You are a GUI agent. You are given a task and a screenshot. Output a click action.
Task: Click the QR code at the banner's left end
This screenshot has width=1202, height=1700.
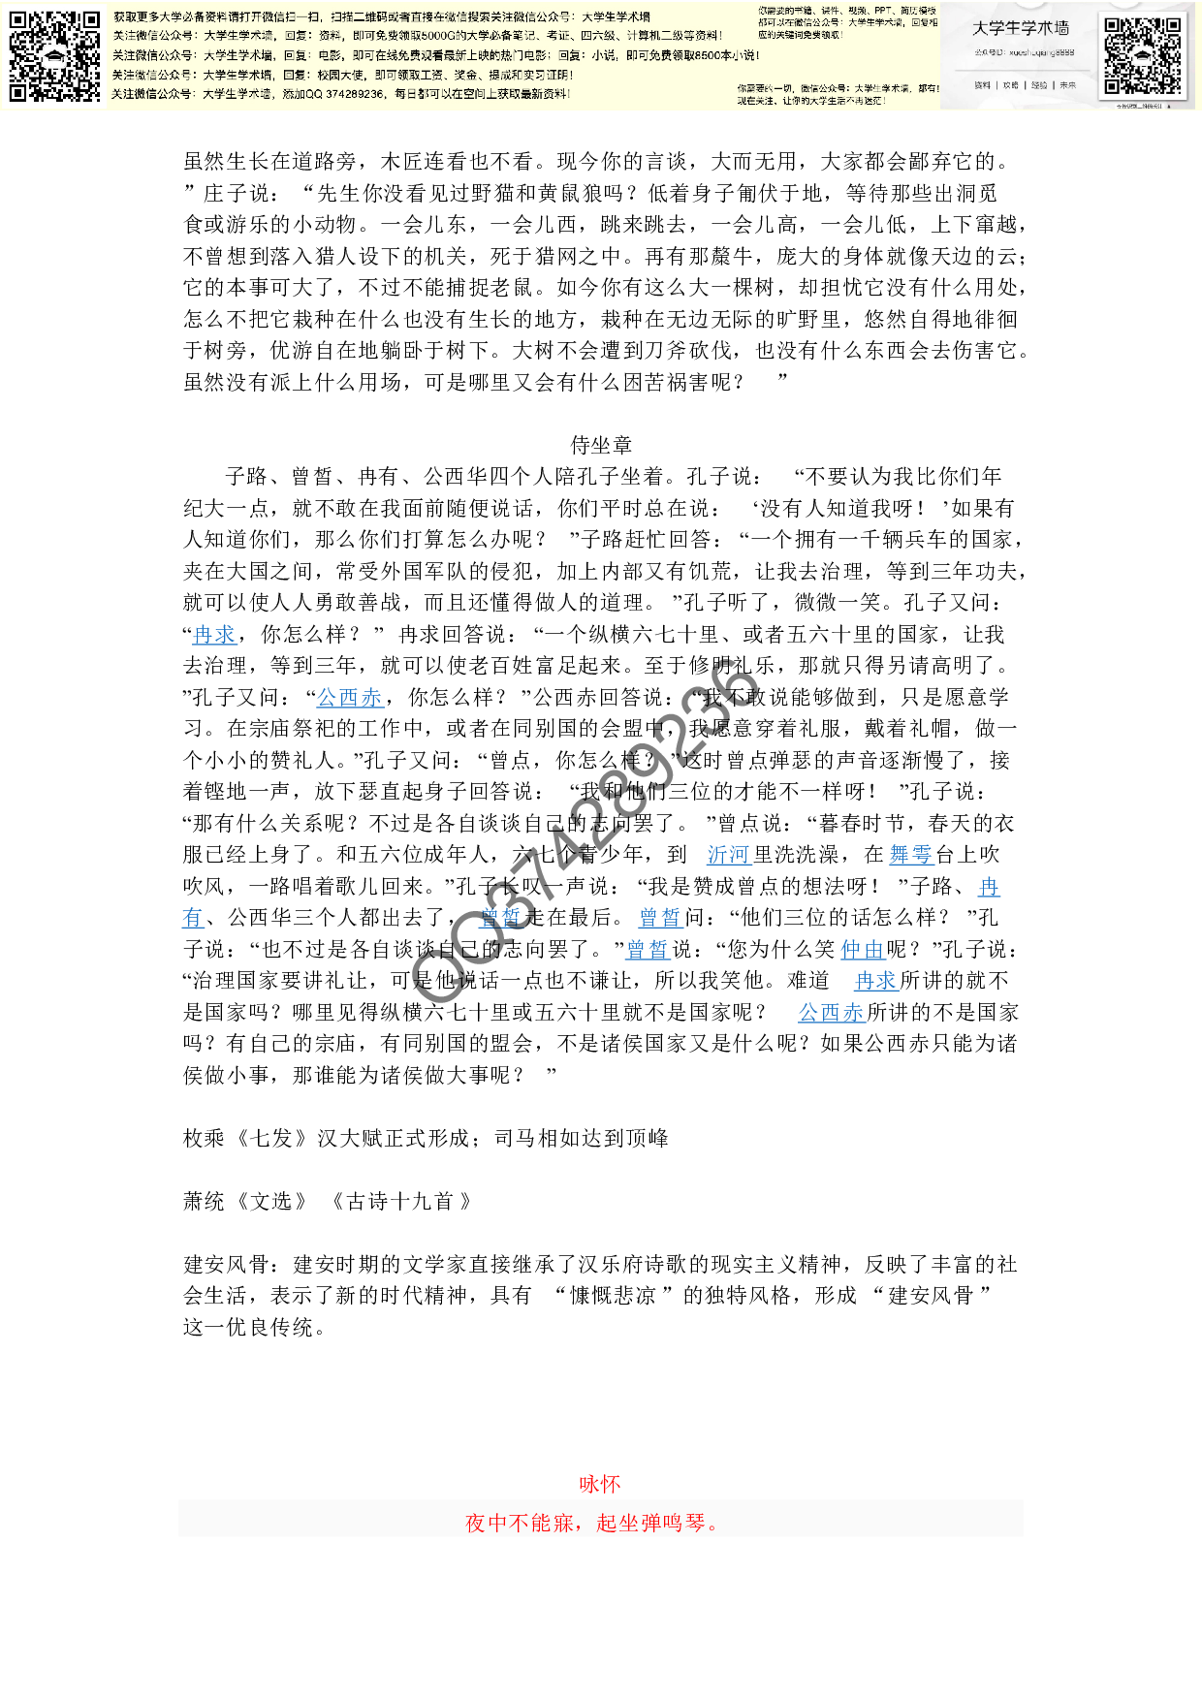point(54,56)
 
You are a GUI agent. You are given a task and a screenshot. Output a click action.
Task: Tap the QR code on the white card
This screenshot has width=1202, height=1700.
point(1144,56)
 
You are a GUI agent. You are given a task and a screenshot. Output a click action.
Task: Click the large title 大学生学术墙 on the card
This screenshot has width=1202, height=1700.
point(1021,29)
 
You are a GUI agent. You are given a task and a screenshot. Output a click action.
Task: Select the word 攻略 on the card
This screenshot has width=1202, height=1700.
point(1011,85)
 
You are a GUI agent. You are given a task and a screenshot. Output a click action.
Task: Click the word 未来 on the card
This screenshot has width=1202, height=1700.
point(1067,85)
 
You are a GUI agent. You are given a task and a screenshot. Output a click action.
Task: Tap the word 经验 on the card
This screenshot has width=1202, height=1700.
point(1039,85)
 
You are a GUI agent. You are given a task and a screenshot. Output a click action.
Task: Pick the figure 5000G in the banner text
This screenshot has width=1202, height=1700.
point(441,36)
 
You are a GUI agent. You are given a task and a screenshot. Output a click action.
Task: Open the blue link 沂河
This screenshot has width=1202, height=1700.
point(729,855)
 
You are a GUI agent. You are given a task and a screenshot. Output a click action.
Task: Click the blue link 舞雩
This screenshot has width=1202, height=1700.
point(911,855)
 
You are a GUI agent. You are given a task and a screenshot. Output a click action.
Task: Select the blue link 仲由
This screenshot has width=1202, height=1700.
point(863,950)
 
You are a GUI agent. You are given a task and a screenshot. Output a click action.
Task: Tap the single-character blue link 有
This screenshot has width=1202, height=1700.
point(193,918)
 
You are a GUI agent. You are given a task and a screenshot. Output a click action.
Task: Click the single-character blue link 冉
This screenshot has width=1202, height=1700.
point(989,887)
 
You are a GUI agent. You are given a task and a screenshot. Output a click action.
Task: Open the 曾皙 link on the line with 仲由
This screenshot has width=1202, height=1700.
point(648,950)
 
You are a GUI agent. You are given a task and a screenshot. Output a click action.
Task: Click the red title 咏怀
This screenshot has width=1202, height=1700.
point(600,1484)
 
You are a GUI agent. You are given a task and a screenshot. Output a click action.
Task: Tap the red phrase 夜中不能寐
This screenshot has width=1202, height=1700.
point(520,1523)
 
